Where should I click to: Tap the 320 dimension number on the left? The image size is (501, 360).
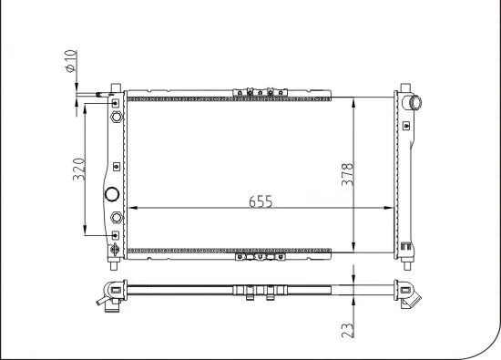[79, 169]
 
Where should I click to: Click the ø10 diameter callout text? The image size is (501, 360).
[69, 67]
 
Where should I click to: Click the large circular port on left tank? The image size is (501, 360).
[113, 194]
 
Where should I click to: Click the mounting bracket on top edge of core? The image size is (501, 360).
[259, 90]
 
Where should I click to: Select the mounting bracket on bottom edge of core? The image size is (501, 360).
[259, 257]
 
